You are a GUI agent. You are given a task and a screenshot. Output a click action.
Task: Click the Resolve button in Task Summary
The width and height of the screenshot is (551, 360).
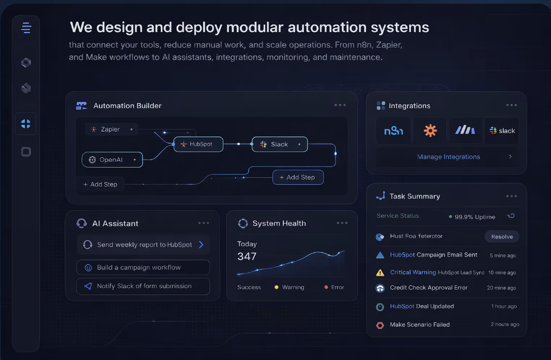pyautogui.click(x=502, y=236)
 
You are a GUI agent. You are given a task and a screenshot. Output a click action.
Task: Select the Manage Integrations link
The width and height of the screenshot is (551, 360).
pyautogui.click(x=448, y=157)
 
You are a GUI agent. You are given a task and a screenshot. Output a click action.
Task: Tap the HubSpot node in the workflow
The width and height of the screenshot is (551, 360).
pyautogui.click(x=198, y=144)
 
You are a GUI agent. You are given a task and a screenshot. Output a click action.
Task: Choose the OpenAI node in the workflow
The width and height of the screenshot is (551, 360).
pyautogui.click(x=112, y=160)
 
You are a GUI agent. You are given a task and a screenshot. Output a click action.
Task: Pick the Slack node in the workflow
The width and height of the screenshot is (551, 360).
pyautogui.click(x=280, y=144)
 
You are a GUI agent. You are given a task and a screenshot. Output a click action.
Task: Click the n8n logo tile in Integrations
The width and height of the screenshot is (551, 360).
pyautogui.click(x=393, y=131)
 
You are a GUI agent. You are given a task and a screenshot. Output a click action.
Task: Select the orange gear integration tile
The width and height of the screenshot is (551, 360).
pyautogui.click(x=430, y=131)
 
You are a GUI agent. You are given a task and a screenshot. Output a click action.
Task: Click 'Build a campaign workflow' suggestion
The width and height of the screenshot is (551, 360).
pyautogui.click(x=143, y=267)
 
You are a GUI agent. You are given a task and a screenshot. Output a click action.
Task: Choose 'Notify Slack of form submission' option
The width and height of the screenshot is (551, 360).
pyautogui.click(x=143, y=286)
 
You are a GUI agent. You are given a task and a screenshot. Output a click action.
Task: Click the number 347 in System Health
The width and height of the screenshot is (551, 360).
pyautogui.click(x=247, y=256)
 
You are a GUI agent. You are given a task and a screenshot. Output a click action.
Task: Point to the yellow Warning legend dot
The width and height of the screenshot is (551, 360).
pyautogui.click(x=277, y=287)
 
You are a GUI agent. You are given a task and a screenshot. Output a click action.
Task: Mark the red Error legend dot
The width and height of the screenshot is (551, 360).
pyautogui.click(x=326, y=287)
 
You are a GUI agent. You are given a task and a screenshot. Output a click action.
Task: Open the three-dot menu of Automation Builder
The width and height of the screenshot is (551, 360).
pyautogui.click(x=340, y=105)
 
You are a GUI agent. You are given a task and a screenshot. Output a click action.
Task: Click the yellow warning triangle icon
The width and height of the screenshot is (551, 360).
pyautogui.click(x=380, y=273)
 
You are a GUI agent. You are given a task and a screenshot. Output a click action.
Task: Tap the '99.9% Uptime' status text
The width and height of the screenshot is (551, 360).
pyautogui.click(x=475, y=217)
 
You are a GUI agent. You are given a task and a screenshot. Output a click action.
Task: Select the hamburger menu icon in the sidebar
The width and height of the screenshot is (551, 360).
pyautogui.click(x=26, y=28)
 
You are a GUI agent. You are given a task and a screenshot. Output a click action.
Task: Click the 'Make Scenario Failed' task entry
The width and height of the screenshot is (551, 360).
pyautogui.click(x=420, y=325)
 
